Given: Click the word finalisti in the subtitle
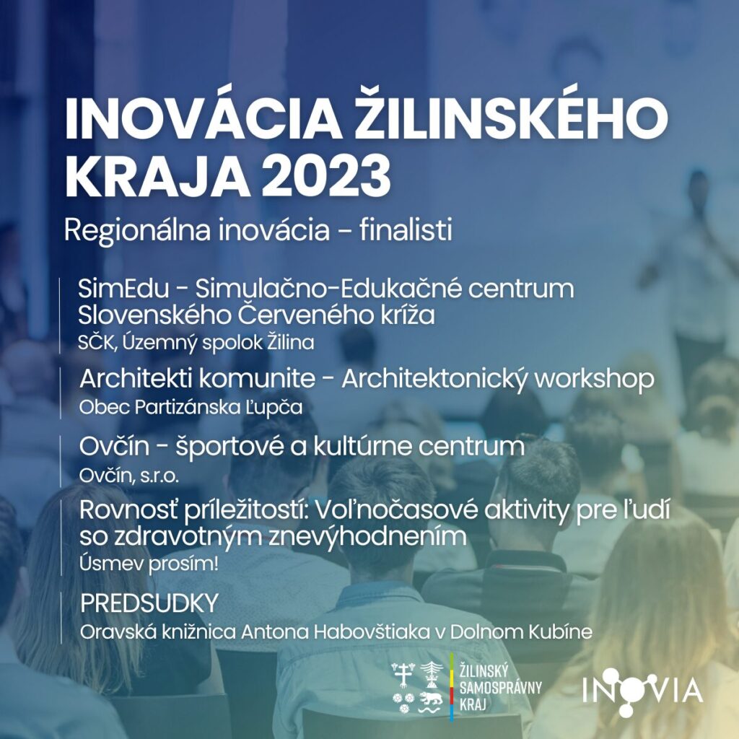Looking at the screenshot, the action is click(x=406, y=230).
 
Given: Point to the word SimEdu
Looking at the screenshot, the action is click(x=123, y=288).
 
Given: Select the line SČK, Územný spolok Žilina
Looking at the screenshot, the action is click(x=196, y=343).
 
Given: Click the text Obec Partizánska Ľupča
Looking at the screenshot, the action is click(x=191, y=407).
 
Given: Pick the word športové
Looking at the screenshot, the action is click(x=229, y=446).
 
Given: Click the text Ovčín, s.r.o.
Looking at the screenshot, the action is click(x=128, y=476).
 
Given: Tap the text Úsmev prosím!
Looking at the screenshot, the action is click(x=149, y=564).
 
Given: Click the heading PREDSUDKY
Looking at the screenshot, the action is click(x=149, y=603).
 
